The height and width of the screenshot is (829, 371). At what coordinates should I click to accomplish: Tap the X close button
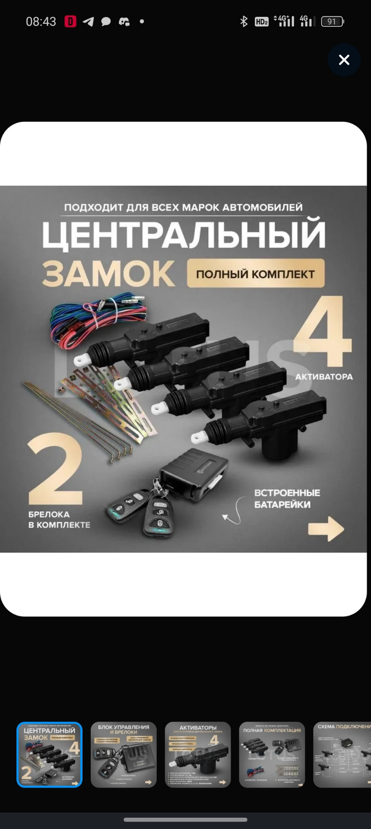click(x=344, y=60)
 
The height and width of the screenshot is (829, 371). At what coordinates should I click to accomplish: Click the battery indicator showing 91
click(x=332, y=22)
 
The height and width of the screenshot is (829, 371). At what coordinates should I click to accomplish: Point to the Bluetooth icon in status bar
click(x=244, y=22)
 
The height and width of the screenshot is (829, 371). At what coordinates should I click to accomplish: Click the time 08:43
click(x=41, y=22)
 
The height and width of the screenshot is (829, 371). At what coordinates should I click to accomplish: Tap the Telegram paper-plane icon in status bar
click(x=88, y=22)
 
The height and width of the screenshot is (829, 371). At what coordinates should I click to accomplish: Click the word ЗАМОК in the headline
click(x=108, y=274)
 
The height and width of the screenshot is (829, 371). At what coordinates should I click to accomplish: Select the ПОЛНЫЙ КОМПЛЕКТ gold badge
click(x=255, y=274)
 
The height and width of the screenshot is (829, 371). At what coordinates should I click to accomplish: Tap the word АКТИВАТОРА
click(x=324, y=377)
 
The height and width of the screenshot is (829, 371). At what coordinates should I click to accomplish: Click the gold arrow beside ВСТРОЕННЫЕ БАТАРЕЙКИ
click(x=326, y=528)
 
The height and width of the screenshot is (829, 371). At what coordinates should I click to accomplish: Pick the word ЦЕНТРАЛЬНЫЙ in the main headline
click(x=184, y=234)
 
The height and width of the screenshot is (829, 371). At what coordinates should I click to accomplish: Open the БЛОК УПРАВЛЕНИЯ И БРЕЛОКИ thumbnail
click(x=124, y=755)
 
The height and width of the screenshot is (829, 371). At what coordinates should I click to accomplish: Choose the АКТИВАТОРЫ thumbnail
click(x=198, y=755)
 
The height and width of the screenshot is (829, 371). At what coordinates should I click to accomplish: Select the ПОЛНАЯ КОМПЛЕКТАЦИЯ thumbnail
click(x=272, y=755)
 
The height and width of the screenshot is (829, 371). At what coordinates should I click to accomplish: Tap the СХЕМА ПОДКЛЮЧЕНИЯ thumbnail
click(x=342, y=755)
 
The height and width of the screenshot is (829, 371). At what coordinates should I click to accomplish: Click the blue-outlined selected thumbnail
click(x=49, y=755)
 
